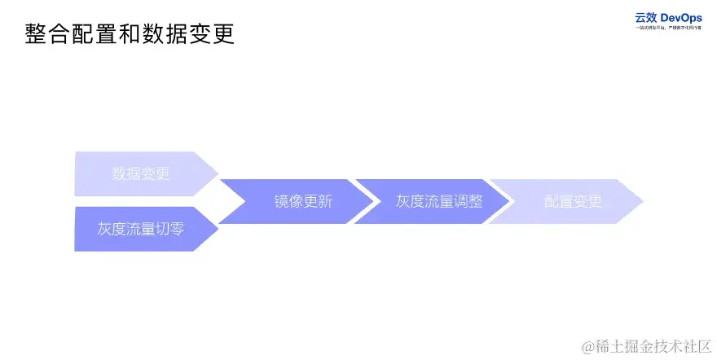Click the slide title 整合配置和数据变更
[130, 34]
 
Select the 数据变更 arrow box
[141, 173]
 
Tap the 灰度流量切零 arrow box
[141, 229]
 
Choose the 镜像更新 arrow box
[302, 202]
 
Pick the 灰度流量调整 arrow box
[438, 202]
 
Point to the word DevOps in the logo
[681, 18]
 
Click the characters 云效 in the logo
[646, 18]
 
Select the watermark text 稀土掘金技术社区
[653, 346]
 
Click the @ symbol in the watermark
[587, 347]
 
